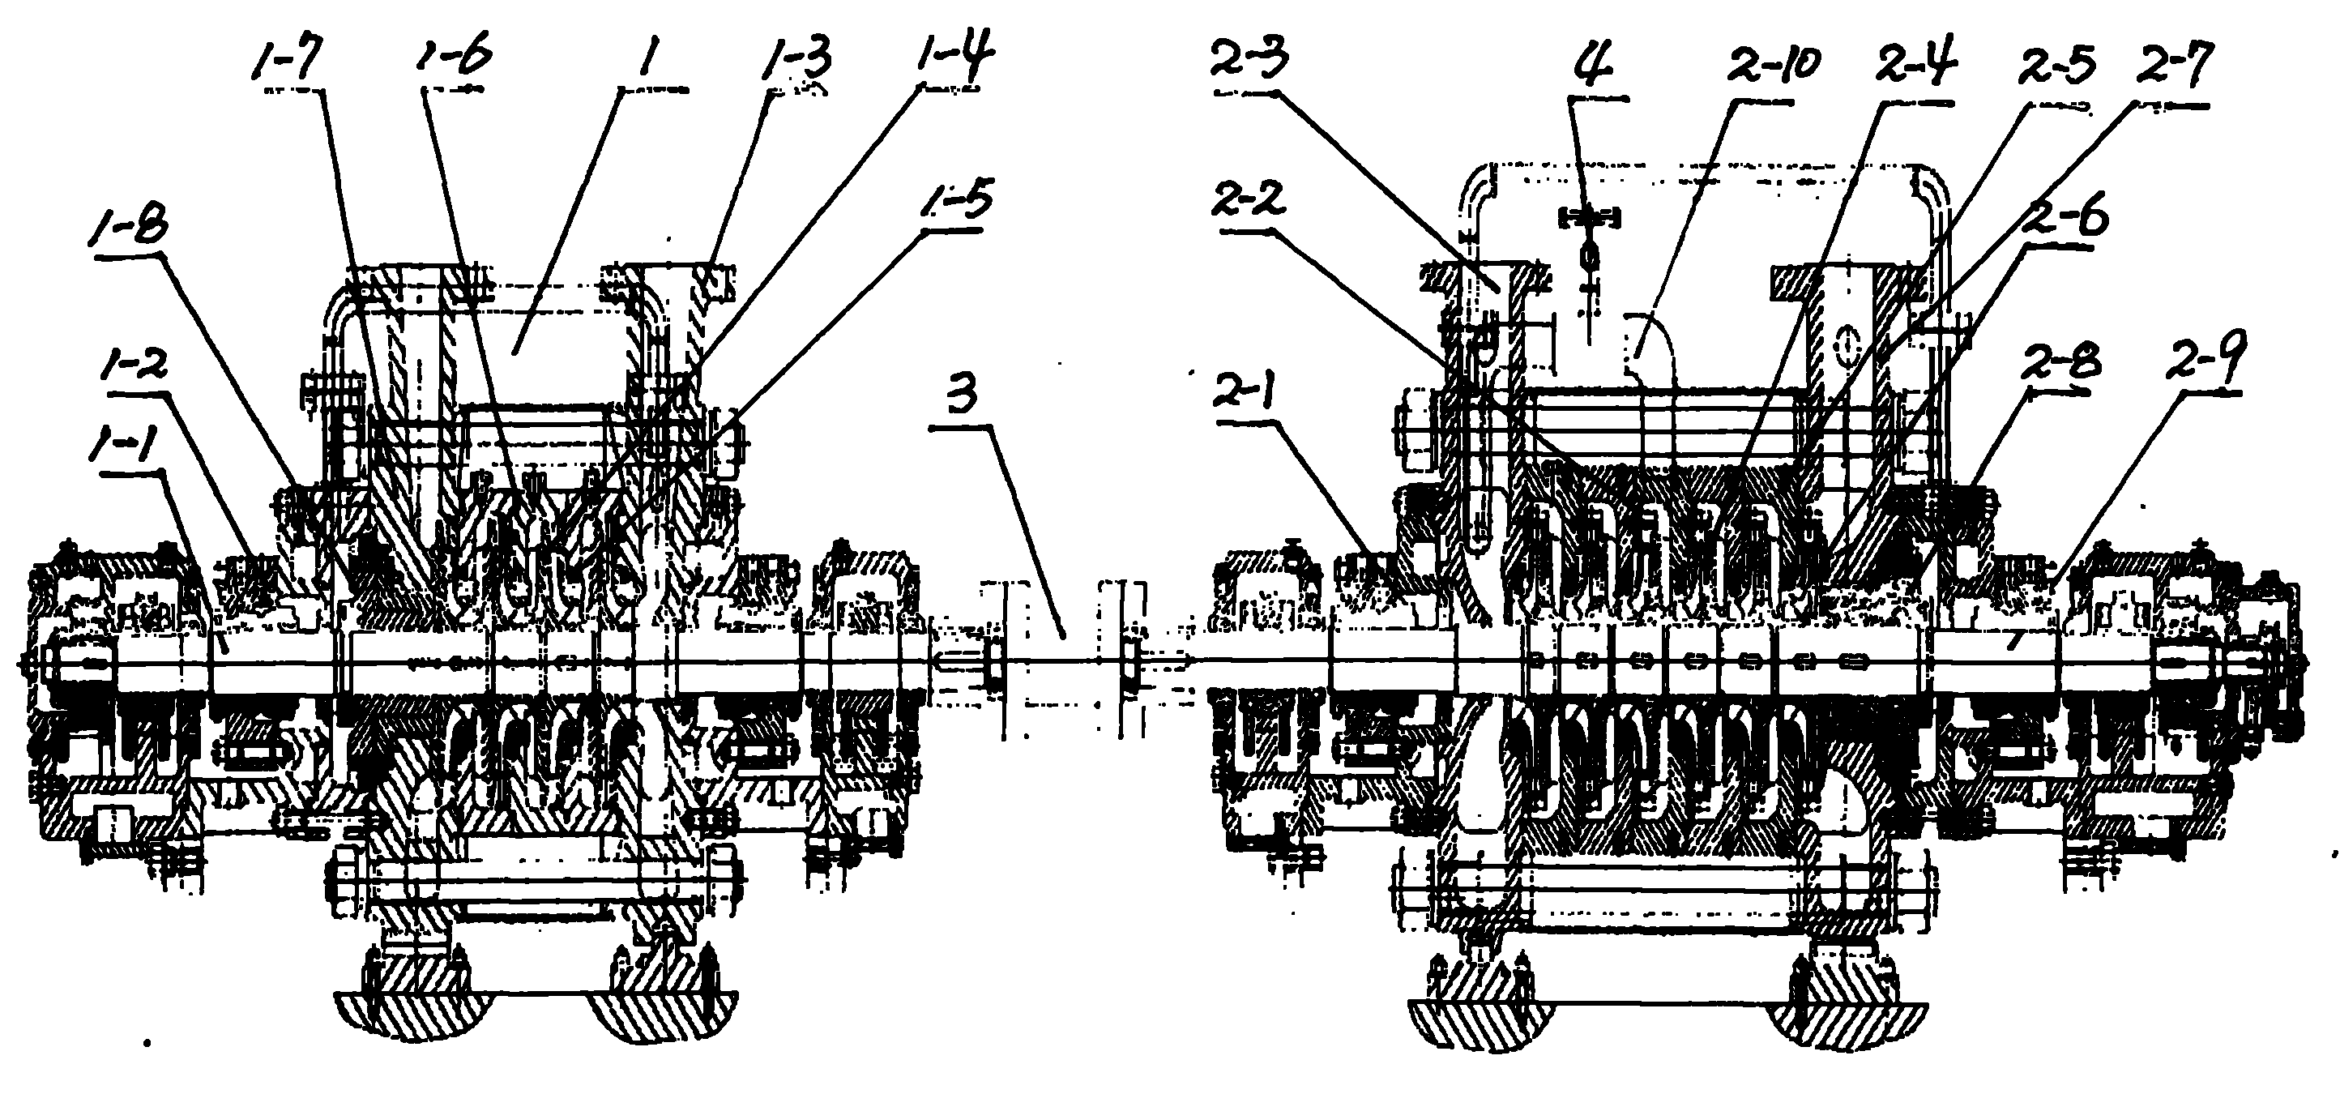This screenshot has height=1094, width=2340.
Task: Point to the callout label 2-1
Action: coord(1249,391)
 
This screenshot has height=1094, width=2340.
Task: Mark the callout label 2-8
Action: coord(2057,365)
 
